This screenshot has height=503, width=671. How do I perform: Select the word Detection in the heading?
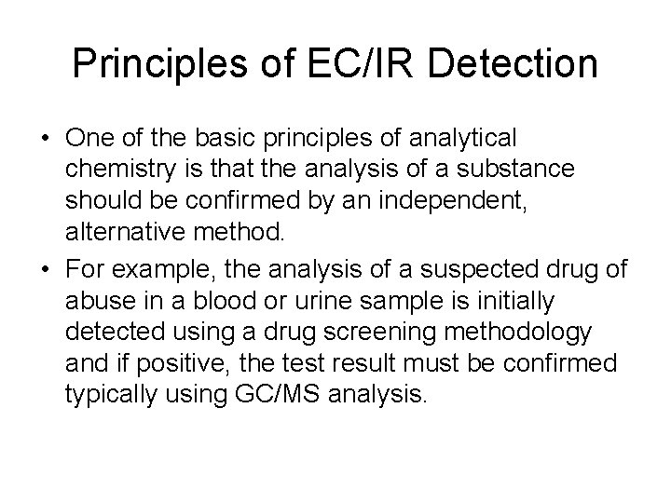click(x=504, y=63)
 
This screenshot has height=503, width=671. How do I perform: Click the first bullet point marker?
click(x=44, y=138)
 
